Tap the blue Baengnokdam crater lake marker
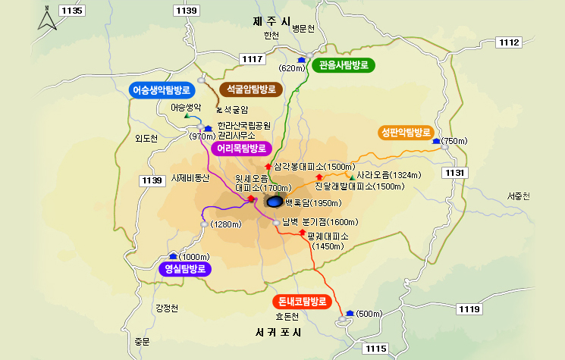point(274,202)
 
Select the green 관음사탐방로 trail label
point(344,65)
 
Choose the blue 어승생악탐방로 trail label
point(162,90)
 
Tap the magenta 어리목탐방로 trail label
point(241,149)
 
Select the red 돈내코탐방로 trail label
point(302,302)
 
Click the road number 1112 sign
point(509,42)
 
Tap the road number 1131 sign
point(455,174)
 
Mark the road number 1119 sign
point(469,308)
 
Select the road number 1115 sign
point(375,348)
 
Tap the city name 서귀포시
point(278,332)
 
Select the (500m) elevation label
point(369,314)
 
